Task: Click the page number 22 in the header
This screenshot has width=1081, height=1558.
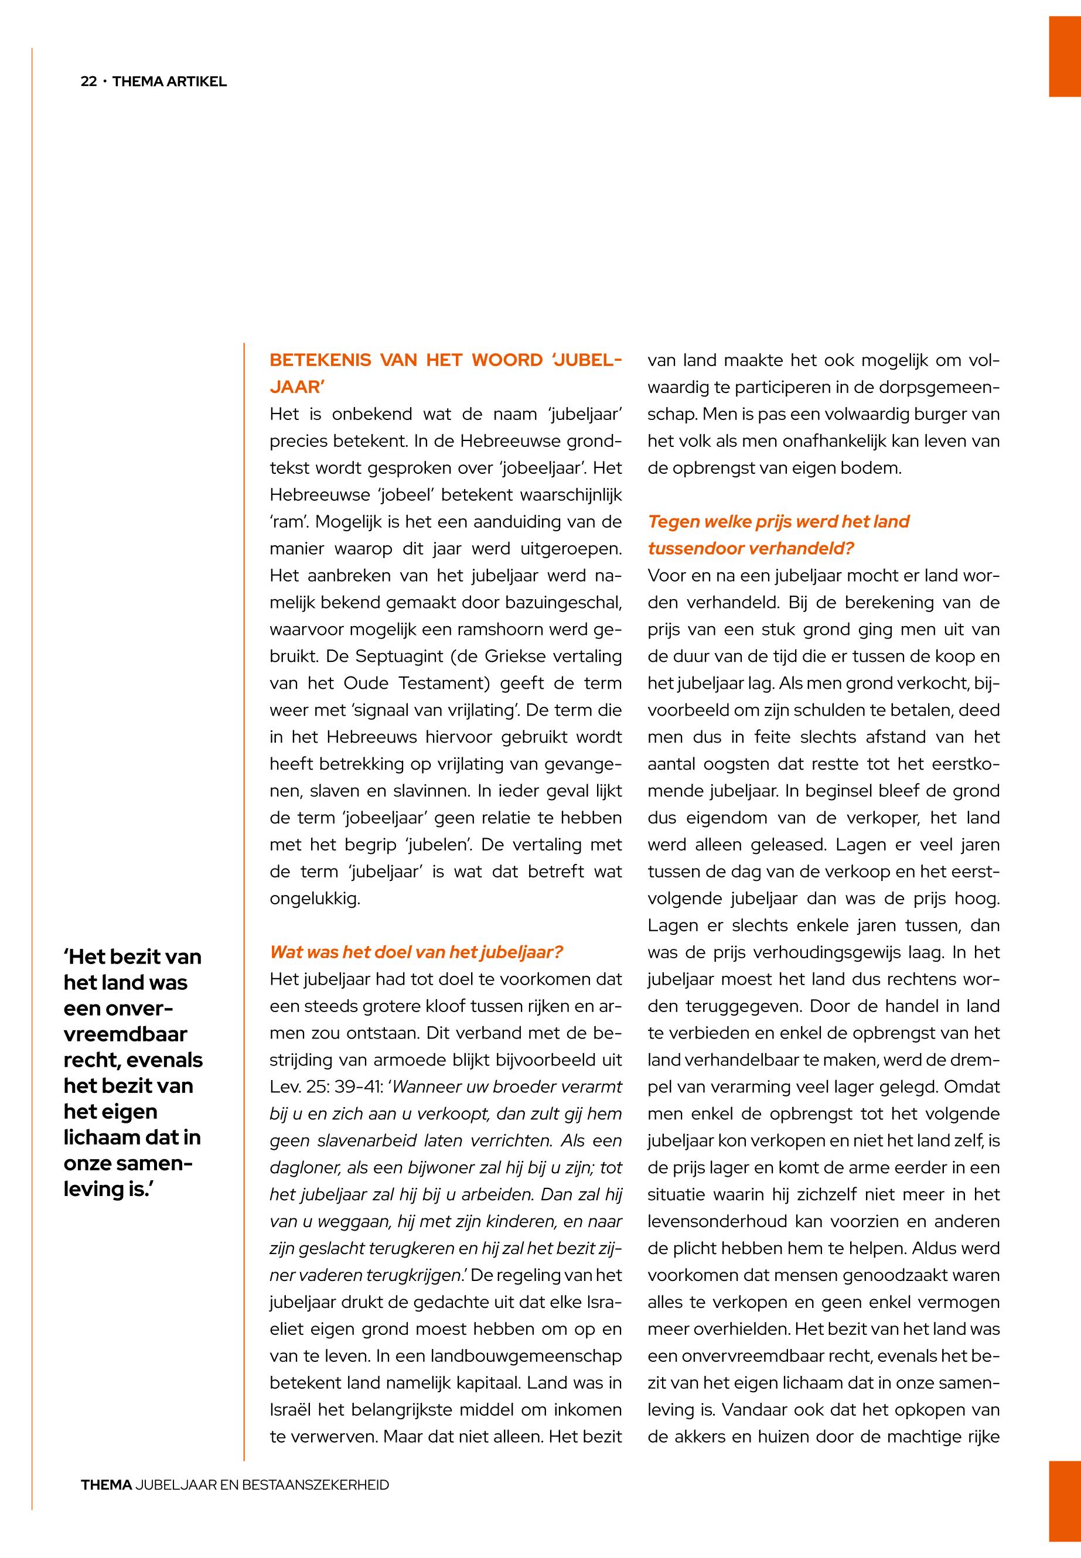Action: pyautogui.click(x=88, y=82)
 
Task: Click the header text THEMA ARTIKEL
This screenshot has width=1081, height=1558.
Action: pyautogui.click(x=169, y=82)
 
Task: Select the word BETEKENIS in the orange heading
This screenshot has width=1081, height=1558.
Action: pyautogui.click(x=320, y=360)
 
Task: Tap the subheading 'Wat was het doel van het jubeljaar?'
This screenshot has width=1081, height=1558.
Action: pyautogui.click(x=416, y=953)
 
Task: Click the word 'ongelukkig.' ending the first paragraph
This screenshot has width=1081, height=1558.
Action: pyautogui.click(x=315, y=899)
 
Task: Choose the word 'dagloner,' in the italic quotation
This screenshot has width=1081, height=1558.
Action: pyautogui.click(x=302, y=1168)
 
